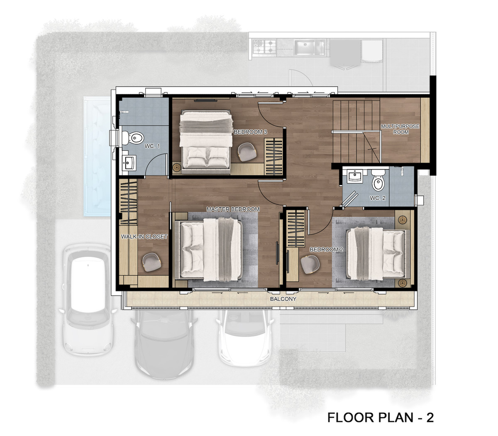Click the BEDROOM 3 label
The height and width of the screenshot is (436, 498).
coord(250,132)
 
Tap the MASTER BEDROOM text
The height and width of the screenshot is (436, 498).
coord(233,209)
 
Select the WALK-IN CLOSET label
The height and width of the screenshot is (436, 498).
coord(144,236)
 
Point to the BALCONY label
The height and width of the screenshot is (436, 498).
coord(283,299)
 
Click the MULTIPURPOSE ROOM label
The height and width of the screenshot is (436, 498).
coord(400,129)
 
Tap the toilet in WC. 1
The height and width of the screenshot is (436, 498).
coord(133,138)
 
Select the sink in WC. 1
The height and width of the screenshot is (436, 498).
coord(129,162)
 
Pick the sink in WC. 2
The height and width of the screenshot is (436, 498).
coord(354,176)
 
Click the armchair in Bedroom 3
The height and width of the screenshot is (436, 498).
coord(247,152)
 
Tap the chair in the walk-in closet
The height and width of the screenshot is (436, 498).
coord(151,262)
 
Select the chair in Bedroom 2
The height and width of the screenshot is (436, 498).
coord(310,264)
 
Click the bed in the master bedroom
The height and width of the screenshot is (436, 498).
coord(208,249)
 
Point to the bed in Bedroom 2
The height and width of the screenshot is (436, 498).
coord(378,254)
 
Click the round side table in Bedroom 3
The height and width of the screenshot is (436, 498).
coord(177,167)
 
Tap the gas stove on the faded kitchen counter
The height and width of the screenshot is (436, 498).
coord(264,46)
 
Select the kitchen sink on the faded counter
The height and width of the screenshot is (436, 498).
coord(310,47)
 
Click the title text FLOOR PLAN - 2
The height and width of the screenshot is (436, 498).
coord(381,417)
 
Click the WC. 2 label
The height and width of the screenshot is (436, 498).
coord(378,198)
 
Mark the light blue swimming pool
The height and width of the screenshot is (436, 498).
coord(97,156)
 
